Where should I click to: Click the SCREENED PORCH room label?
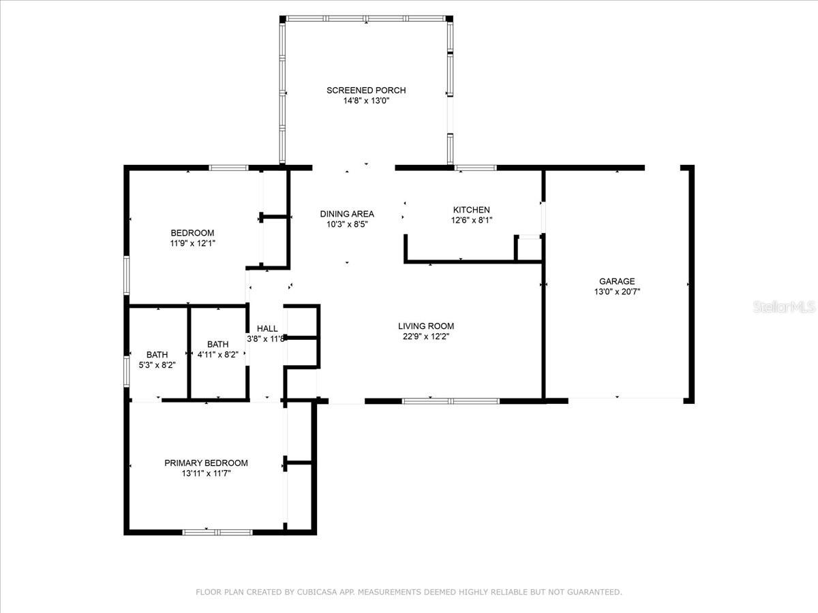coord(366,90)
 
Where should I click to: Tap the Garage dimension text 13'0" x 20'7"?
coord(617,292)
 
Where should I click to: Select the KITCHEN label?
coord(472,210)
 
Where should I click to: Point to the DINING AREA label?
coord(347,214)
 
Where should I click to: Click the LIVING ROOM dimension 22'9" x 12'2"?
coord(426,336)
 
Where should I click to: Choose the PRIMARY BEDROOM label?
coord(206,462)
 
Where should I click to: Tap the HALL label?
coord(267,328)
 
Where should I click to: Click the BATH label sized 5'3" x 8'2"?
coord(157,354)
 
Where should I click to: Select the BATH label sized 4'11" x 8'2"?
coord(218,344)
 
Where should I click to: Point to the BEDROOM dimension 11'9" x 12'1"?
coord(193,243)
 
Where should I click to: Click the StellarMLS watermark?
coord(784,306)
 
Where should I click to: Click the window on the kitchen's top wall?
coord(476,168)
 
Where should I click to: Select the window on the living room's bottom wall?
coord(451,401)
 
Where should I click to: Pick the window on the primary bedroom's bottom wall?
coord(217,532)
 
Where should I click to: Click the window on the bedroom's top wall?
coord(228,168)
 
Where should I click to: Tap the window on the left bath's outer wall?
coord(127,371)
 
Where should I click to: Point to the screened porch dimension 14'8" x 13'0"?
coord(366,101)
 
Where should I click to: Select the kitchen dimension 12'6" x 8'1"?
coord(472,220)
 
